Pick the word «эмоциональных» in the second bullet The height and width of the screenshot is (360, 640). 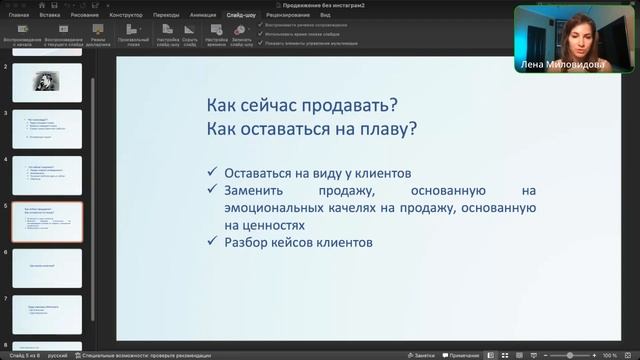pos(272,207)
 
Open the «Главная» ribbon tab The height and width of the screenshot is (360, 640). pos(19,16)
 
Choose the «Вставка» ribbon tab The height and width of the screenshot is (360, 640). pos(49,16)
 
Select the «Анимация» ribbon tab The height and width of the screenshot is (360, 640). pos(203,16)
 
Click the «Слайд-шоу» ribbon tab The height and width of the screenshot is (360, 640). pos(240,16)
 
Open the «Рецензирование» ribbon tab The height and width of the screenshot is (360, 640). pos(287,16)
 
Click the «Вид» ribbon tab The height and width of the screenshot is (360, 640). pos(326,16)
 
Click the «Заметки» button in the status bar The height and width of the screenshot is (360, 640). pos(422,355)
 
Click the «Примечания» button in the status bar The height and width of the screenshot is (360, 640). pos(462,355)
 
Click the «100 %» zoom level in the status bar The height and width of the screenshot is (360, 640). pos(610,355)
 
